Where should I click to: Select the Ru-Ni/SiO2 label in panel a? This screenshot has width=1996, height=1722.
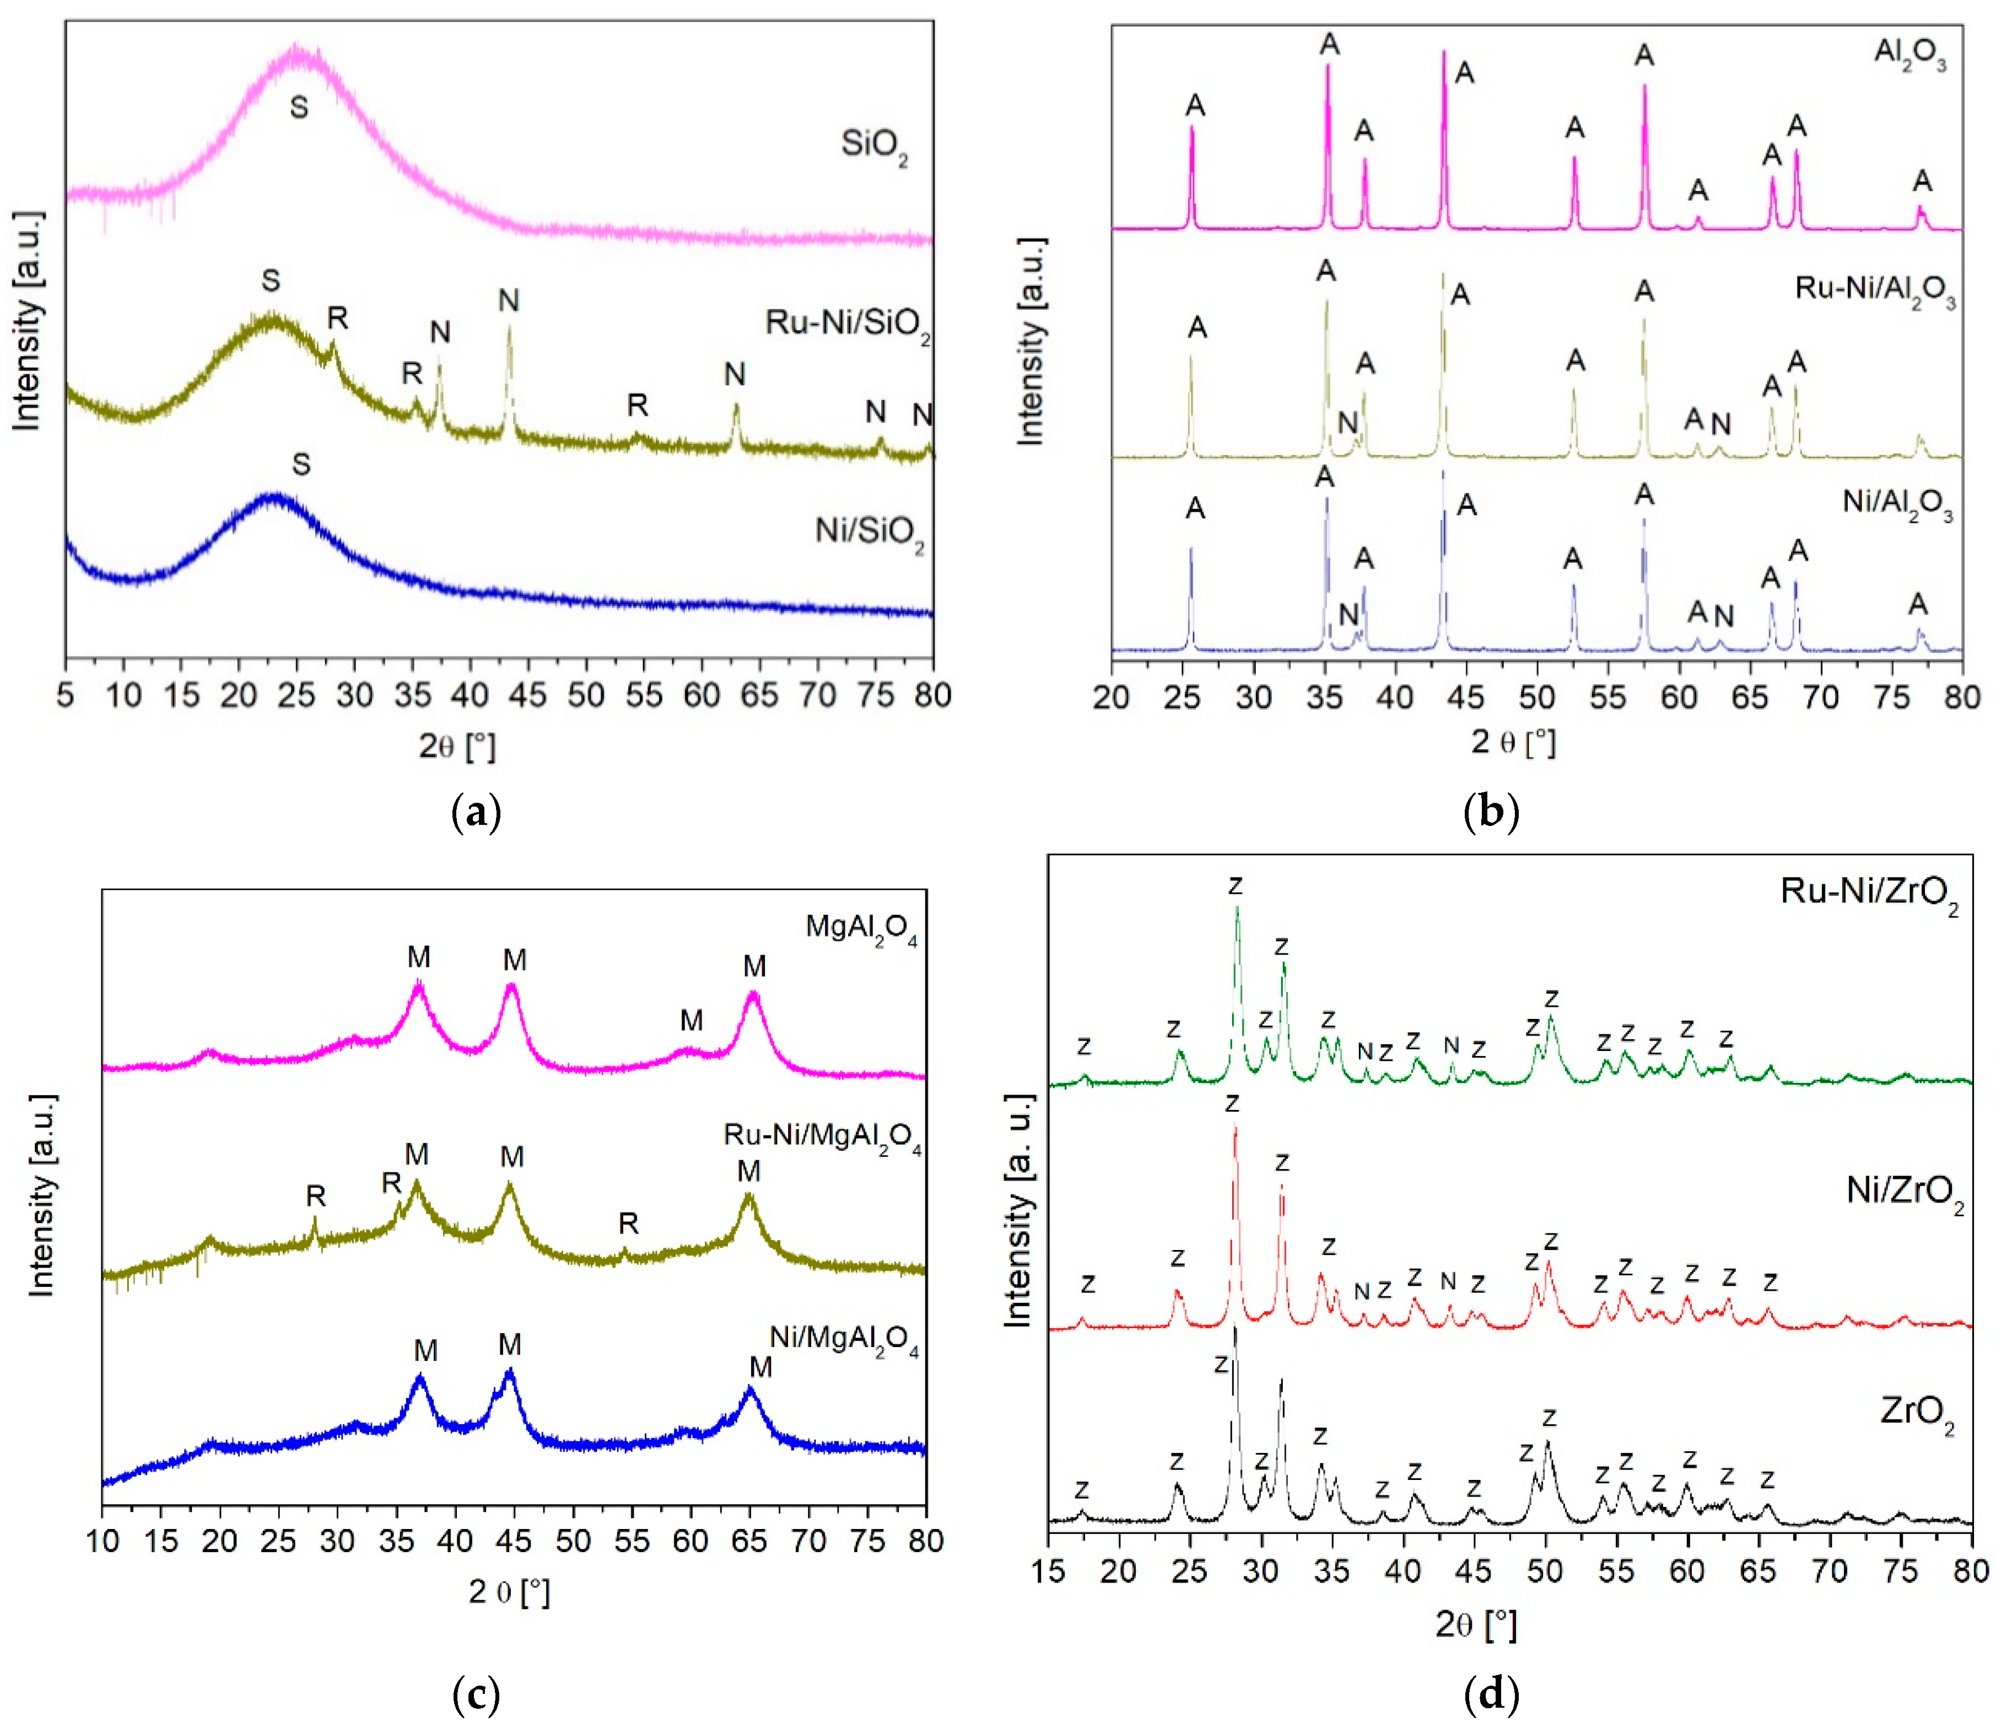848,323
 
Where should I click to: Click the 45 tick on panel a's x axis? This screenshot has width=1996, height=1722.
528,695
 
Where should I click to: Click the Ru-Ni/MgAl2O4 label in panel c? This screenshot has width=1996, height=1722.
822,1137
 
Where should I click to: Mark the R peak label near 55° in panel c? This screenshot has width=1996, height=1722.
628,1223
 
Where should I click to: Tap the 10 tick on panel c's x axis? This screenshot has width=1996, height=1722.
103,1541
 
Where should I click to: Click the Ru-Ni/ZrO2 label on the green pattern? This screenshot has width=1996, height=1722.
1869,892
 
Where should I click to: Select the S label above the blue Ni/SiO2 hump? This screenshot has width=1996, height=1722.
301,464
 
